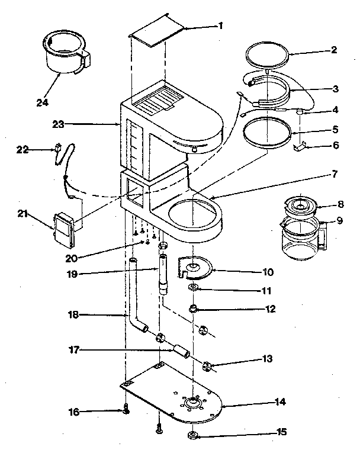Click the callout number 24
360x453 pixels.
(41, 102)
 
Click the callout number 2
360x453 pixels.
(335, 50)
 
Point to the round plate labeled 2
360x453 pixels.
(268, 58)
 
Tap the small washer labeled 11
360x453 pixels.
(194, 288)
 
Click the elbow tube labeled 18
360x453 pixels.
(135, 296)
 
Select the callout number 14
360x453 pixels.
(279, 402)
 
